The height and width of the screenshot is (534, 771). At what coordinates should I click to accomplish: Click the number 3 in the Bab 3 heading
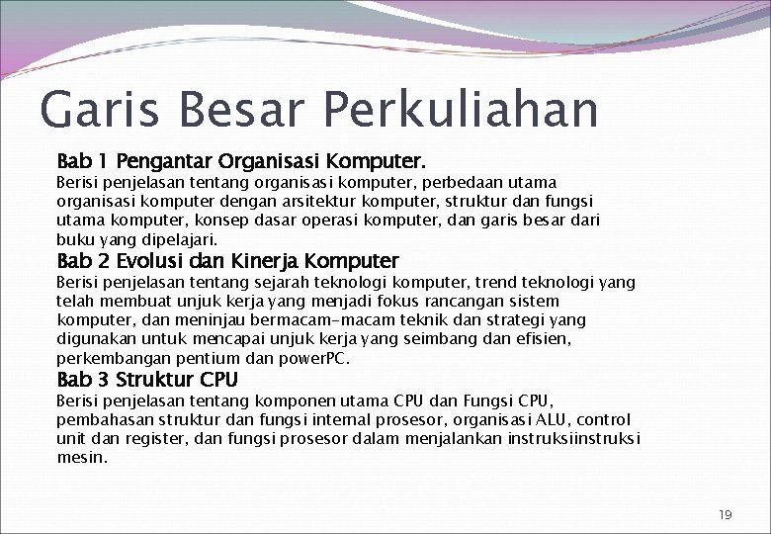click(x=103, y=381)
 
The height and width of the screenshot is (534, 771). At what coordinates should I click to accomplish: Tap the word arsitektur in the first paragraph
click(x=320, y=201)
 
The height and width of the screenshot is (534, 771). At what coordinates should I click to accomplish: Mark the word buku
click(x=75, y=239)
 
